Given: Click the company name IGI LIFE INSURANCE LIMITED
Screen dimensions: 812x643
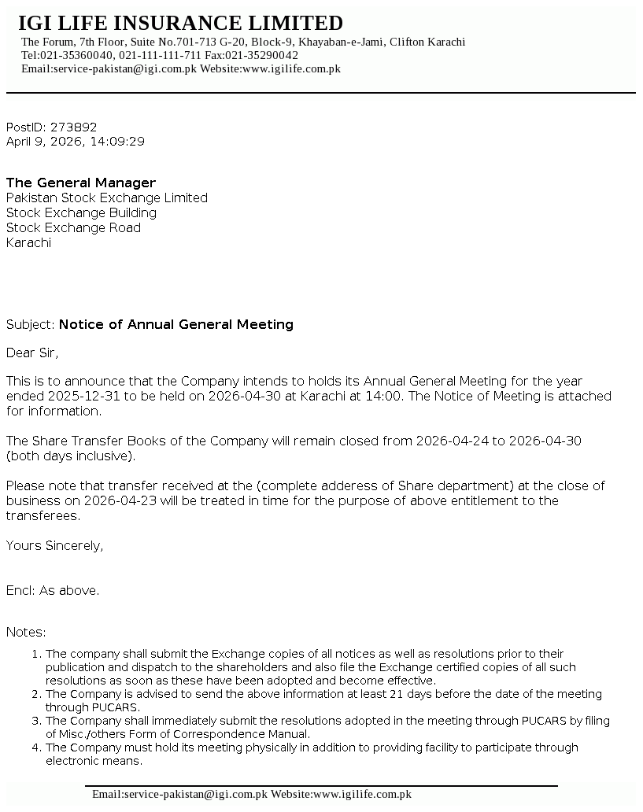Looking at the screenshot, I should pos(180,23).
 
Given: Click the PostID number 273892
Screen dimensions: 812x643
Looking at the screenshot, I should pos(73,127).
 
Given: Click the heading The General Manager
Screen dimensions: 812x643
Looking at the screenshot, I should pos(81,183).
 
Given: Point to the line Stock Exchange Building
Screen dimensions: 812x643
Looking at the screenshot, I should pos(81,212).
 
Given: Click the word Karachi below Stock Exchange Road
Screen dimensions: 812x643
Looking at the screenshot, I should pos(28,242).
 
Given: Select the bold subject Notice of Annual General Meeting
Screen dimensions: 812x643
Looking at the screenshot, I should pos(176,324).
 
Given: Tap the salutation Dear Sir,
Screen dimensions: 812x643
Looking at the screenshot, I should pos(32,352).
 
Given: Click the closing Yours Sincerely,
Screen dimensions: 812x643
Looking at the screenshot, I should pos(54,545).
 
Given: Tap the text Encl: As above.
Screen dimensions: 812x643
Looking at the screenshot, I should pos(53,590).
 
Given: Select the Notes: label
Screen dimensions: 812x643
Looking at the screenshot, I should pos(26,632).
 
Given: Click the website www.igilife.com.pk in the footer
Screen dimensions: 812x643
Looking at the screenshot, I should pos(362,794).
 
